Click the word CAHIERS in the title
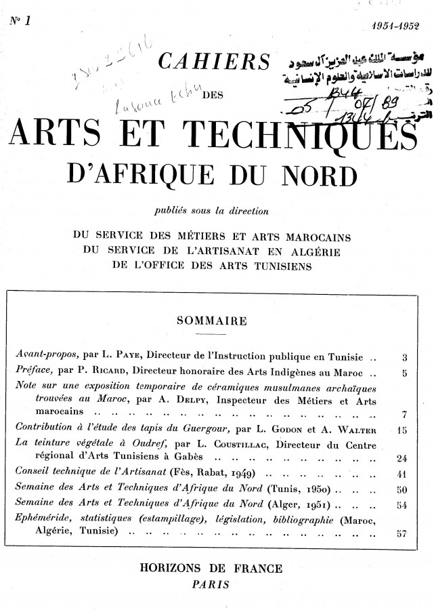(212, 64)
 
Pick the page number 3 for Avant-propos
(404, 356)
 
